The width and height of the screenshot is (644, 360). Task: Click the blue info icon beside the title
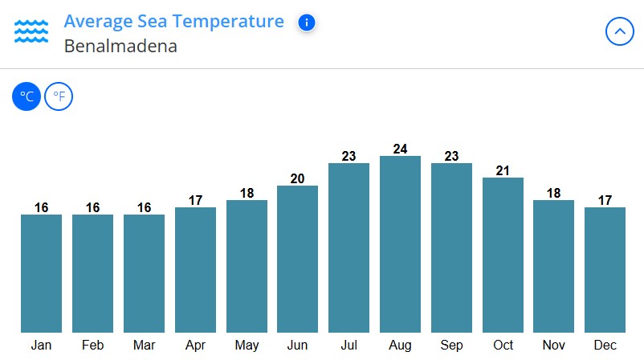pos(306,22)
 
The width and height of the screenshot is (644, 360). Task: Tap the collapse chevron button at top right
pos(619,32)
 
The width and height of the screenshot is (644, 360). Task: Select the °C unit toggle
pos(26,97)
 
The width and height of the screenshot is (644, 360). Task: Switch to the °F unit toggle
pos(59,97)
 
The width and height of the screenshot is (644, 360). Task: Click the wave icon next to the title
pos(31,32)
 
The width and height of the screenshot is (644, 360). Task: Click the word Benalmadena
pos(120,46)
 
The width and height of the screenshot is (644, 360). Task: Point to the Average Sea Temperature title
pos(173,21)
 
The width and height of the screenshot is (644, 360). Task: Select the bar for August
pos(400,244)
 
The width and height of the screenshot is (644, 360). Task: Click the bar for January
pos(41,273)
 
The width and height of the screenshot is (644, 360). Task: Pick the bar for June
pos(297,259)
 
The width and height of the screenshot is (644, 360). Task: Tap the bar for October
pos(503,255)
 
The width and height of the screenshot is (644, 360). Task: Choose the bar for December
pos(605,270)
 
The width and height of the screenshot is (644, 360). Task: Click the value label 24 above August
pos(400,149)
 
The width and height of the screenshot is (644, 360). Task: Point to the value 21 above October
pos(503,170)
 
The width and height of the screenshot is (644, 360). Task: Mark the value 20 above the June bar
pos(297,178)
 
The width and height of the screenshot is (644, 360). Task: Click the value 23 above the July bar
pos(348,156)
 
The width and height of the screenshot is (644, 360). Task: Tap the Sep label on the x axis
pos(451,346)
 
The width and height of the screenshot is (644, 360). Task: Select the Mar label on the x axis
pos(144,346)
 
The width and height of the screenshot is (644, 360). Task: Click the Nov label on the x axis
pos(554,346)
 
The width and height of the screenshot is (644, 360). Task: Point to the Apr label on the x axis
pos(195,346)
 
